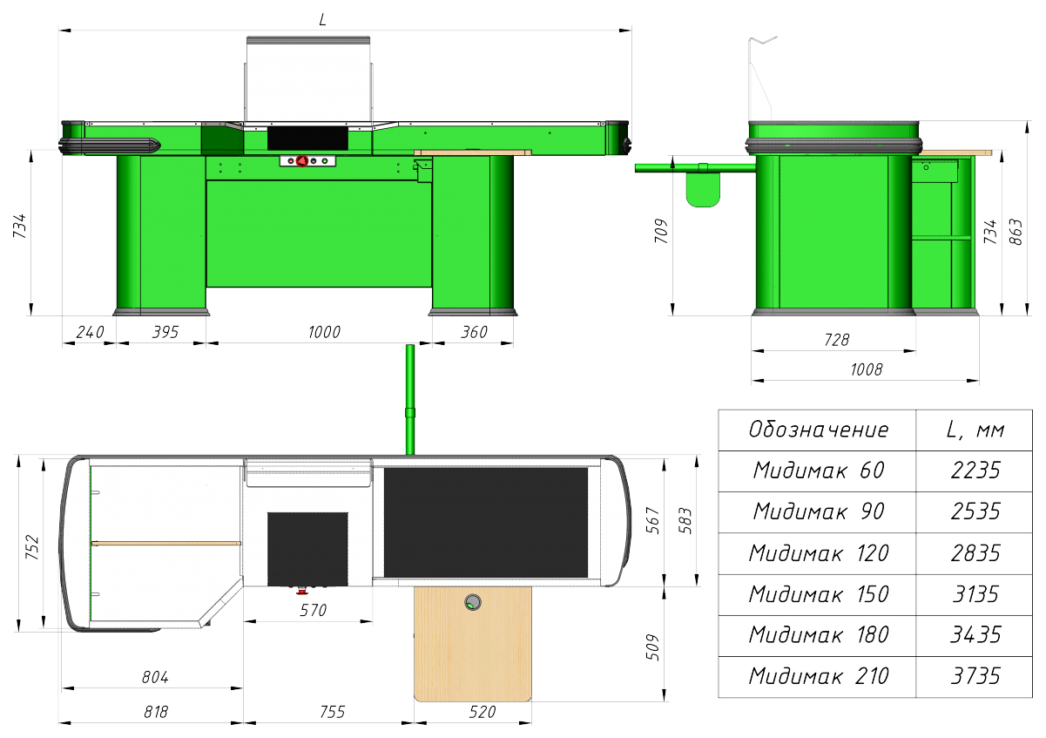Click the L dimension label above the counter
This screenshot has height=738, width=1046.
[x=322, y=20]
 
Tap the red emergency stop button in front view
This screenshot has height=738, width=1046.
[x=302, y=161]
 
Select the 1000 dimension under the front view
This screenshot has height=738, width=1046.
[x=324, y=332]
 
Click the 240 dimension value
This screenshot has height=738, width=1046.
[x=90, y=332]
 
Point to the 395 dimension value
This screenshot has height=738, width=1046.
[x=165, y=332]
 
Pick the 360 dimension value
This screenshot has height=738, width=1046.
[x=474, y=332]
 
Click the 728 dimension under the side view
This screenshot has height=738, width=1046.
[x=836, y=340]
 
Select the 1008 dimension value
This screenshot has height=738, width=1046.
[x=867, y=369]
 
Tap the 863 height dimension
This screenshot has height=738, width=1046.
[x=1016, y=232]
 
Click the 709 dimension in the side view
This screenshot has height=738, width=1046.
[x=661, y=231]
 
